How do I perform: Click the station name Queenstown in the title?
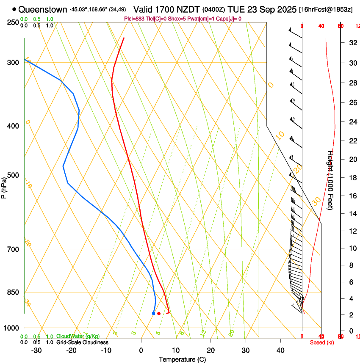(x=43, y=9)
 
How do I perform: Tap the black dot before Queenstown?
(x=14, y=9)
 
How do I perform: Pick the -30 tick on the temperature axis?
(x=36, y=350)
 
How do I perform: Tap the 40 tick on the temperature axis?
(x=280, y=350)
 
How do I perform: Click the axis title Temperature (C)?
(x=182, y=359)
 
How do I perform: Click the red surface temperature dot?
(x=159, y=314)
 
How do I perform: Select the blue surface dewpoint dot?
(x=153, y=314)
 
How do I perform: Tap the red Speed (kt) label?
(x=321, y=342)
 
